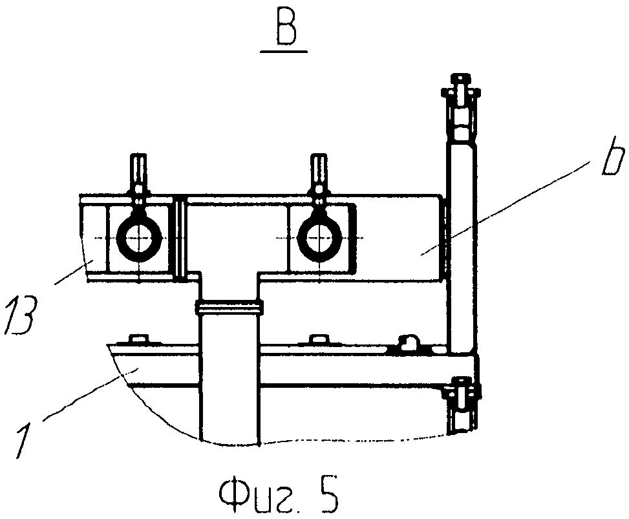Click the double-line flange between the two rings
pos(180,238)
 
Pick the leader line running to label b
pos(511,206)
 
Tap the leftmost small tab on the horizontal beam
pos(137,339)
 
